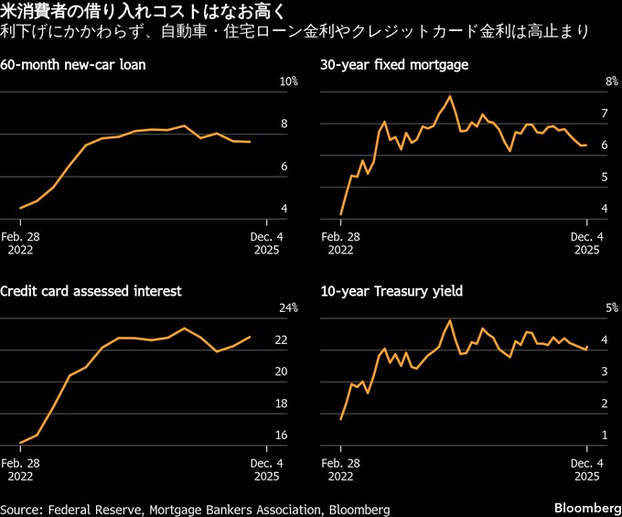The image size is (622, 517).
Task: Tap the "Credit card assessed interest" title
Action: [x=91, y=291]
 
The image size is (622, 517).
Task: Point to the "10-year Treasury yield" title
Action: [x=391, y=291]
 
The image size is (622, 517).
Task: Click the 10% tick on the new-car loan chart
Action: [x=288, y=82]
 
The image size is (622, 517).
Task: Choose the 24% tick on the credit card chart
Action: [x=288, y=307]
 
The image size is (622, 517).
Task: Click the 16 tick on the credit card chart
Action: [x=282, y=435]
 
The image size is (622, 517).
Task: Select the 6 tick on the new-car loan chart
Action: [x=284, y=167]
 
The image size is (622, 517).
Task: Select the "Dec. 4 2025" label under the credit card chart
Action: [x=266, y=468]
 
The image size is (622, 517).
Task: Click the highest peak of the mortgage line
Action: [x=450, y=96]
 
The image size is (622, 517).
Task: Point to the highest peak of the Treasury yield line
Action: [x=450, y=320]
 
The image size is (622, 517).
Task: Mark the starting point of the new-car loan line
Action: [x=20, y=209]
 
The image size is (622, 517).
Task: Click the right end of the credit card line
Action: [x=251, y=337]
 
